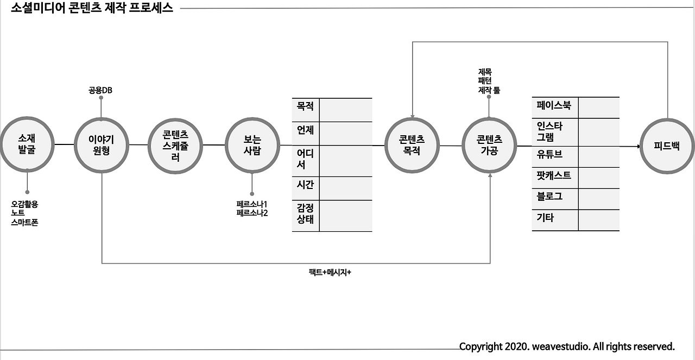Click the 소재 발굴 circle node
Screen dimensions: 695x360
coord(27,144)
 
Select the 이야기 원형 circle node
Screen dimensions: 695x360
coord(102,145)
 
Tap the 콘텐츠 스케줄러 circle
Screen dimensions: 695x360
coord(175,145)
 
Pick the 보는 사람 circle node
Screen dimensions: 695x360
coord(252,145)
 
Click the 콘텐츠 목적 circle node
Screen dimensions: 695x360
coord(412,145)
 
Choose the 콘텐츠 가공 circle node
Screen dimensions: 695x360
coord(489,145)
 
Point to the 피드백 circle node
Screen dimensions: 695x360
coord(667,146)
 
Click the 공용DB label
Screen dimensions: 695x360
coord(100,90)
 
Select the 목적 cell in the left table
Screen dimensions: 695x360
coord(305,105)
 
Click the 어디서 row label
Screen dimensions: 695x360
coord(305,159)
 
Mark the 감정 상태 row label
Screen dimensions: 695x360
coord(305,213)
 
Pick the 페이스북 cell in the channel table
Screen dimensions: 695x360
coord(554,105)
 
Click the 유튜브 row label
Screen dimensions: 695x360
coord(549,154)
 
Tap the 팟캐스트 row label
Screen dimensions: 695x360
coord(554,175)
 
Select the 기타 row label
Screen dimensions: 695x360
coord(545,218)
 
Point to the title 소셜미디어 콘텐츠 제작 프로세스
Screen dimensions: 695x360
coord(92,8)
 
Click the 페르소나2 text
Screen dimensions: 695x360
coord(252,213)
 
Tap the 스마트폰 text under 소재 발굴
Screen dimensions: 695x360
coord(24,222)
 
